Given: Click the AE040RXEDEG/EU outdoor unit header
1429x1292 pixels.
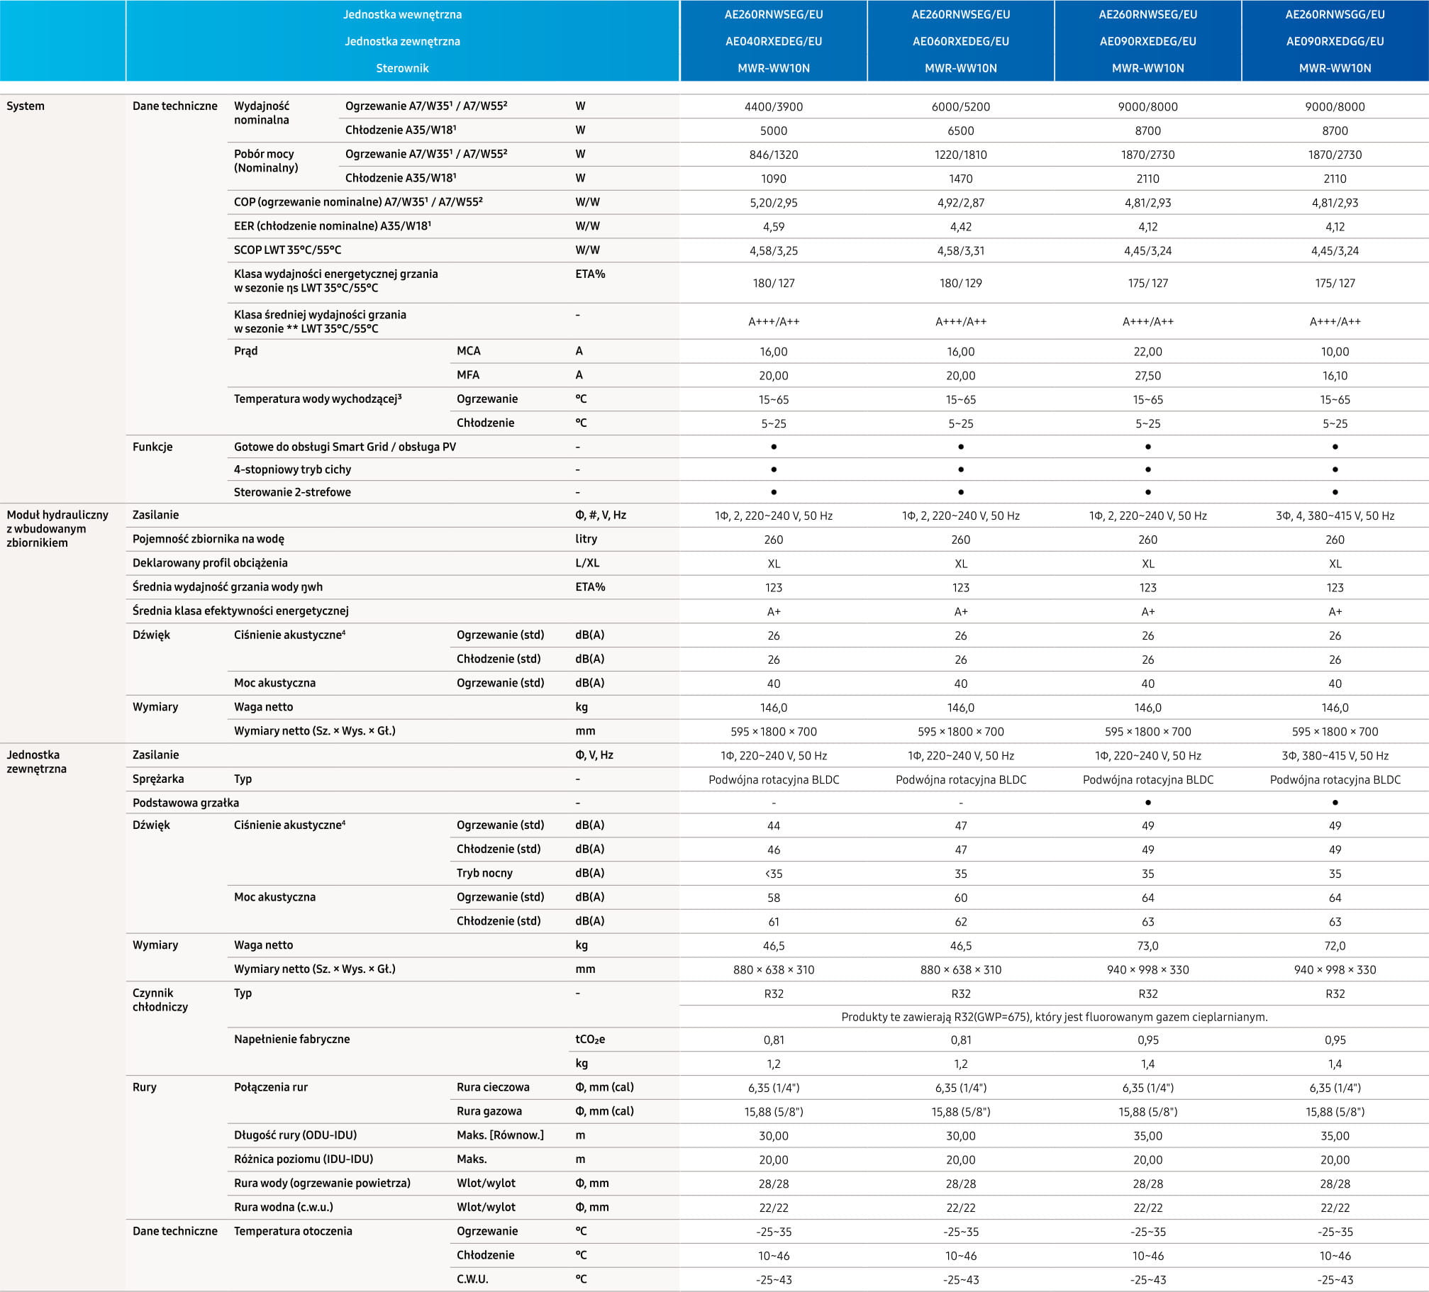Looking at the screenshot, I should pyautogui.click(x=773, y=41).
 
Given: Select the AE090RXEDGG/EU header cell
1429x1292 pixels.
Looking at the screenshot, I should pyautogui.click(x=1335, y=41).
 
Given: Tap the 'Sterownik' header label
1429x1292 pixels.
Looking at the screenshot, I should pyautogui.click(x=402, y=68).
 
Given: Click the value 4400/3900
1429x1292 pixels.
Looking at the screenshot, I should pyautogui.click(x=773, y=107).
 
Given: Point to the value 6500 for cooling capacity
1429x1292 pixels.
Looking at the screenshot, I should pyautogui.click(x=960, y=131).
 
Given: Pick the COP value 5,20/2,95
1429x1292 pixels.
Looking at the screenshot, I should pyautogui.click(x=773, y=203).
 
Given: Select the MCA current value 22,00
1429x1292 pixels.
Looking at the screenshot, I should pyautogui.click(x=1147, y=352).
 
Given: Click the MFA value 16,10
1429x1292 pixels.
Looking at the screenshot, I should pyautogui.click(x=1335, y=376).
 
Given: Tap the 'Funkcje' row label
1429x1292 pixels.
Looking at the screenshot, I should pyautogui.click(x=152, y=447).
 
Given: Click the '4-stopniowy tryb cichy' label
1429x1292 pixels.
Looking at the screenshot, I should pyautogui.click(x=292, y=469).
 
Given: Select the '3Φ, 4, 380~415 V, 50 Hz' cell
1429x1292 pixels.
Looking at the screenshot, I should pyautogui.click(x=1335, y=516).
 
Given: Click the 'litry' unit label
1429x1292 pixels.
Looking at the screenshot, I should pyautogui.click(x=586, y=539).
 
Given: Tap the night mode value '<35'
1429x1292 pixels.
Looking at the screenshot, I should pyautogui.click(x=773, y=874).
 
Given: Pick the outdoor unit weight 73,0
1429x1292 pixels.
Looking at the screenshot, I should pyautogui.click(x=1147, y=946).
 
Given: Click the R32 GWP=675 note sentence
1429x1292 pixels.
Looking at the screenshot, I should pyautogui.click(x=1054, y=1017).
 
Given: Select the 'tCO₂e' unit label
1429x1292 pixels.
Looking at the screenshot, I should pyautogui.click(x=590, y=1040).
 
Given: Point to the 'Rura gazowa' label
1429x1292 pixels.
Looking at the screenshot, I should pyautogui.click(x=489, y=1111).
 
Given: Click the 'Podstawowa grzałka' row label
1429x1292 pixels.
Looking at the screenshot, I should pyautogui.click(x=186, y=803).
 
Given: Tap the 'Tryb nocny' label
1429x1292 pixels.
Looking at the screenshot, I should pyautogui.click(x=484, y=873).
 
